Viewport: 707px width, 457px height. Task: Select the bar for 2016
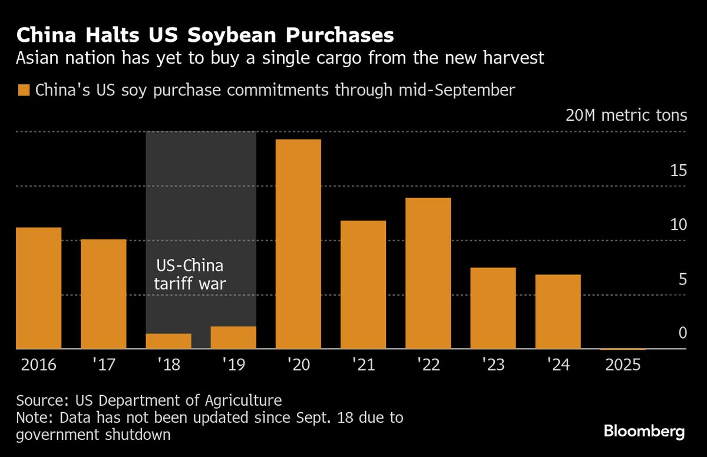tap(39, 288)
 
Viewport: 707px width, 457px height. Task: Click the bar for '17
tap(104, 294)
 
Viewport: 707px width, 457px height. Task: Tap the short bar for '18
tap(169, 342)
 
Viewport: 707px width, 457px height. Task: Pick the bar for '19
tap(233, 337)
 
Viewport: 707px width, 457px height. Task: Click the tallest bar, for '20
tap(298, 244)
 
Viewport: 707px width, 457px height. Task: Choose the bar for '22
tap(428, 273)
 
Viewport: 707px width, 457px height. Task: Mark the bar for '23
tap(493, 308)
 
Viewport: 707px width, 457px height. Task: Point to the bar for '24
tap(558, 312)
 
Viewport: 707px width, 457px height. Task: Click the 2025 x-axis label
tap(623, 365)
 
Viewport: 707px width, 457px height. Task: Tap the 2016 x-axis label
tap(39, 365)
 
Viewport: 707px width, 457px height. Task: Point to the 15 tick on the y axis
tap(679, 171)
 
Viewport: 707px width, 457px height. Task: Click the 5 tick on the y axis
tap(683, 279)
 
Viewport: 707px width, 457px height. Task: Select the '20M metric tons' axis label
tap(626, 115)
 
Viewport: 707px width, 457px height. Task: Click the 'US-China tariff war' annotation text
tap(190, 274)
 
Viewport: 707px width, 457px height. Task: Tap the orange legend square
tap(24, 90)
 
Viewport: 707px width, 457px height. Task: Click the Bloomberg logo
tap(645, 431)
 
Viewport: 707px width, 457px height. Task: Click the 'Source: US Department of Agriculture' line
tap(149, 401)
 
